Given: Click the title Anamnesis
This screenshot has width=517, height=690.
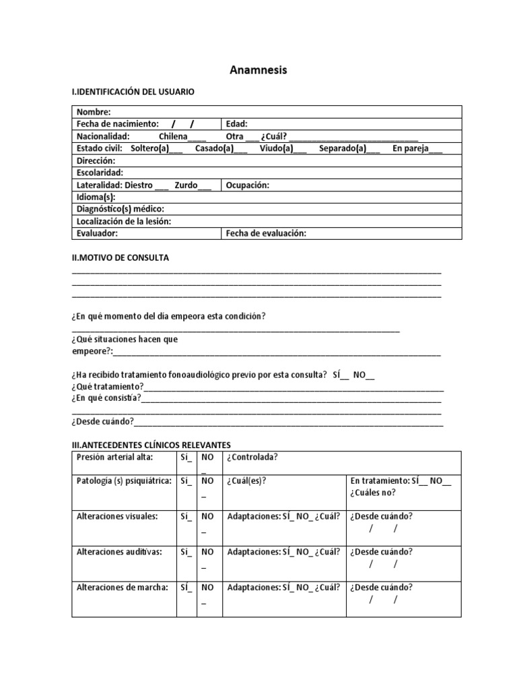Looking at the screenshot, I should click(x=258, y=69).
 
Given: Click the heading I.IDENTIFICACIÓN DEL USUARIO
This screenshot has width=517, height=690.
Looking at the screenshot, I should click(x=133, y=92).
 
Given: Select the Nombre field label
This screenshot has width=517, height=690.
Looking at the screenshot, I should click(x=94, y=112).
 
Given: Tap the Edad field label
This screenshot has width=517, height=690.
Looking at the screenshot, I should click(x=237, y=124).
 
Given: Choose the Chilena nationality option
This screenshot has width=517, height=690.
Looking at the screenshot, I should click(x=173, y=136).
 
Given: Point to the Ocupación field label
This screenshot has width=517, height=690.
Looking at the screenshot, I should click(x=248, y=185).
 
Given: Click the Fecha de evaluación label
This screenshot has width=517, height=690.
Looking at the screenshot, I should click(x=267, y=233).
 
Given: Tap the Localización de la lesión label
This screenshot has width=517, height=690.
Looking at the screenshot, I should click(x=124, y=221).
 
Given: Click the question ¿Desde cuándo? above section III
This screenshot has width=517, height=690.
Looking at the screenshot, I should click(x=102, y=422).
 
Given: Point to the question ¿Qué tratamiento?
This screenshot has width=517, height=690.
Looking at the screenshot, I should click(x=107, y=386).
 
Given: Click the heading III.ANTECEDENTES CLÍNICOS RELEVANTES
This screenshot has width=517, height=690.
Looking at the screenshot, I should click(x=151, y=445).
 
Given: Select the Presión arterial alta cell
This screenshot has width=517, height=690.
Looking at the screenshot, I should click(x=115, y=458).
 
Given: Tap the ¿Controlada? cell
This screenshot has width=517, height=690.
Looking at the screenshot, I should click(x=252, y=458).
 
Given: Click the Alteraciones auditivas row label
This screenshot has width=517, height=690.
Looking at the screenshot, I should click(x=119, y=551).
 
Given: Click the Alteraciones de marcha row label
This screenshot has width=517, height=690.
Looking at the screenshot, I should click(x=122, y=587).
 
